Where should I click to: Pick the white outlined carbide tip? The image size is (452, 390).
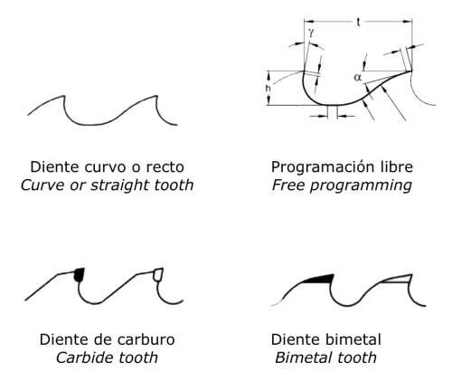157,273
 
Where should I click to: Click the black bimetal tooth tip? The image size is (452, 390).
317,277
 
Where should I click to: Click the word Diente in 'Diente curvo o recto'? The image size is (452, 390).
53,167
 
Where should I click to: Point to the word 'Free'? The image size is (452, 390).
286,185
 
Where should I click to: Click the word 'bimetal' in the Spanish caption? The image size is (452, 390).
353,340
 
